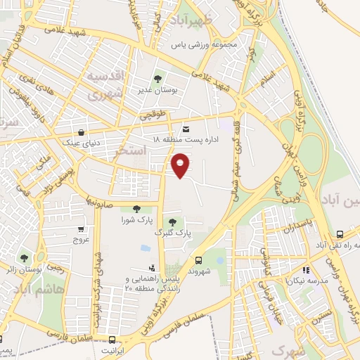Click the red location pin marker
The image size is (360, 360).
[x=181, y=165]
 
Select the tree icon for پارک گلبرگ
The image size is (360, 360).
[x=172, y=222]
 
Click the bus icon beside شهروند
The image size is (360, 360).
[x=198, y=259]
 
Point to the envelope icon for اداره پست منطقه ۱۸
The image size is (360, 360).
[x=186, y=129]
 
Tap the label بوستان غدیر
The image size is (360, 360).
[x=157, y=90]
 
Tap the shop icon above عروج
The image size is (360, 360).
[x=82, y=229]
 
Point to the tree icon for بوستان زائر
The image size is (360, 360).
[x=26, y=257]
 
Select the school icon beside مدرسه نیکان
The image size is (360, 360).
[x=304, y=269]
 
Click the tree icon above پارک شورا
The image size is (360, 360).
[x=136, y=209]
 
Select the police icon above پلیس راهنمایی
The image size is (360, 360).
[x=151, y=267]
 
